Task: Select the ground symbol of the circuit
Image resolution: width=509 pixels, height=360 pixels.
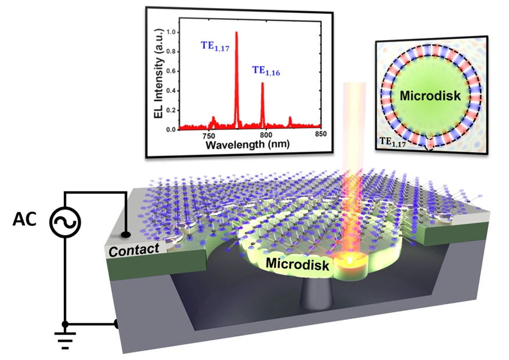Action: pyautogui.click(x=66, y=339)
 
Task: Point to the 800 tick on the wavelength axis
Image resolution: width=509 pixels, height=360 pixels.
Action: pyautogui.click(x=266, y=135)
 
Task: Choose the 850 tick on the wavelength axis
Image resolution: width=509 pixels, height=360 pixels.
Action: pyautogui.click(x=321, y=135)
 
